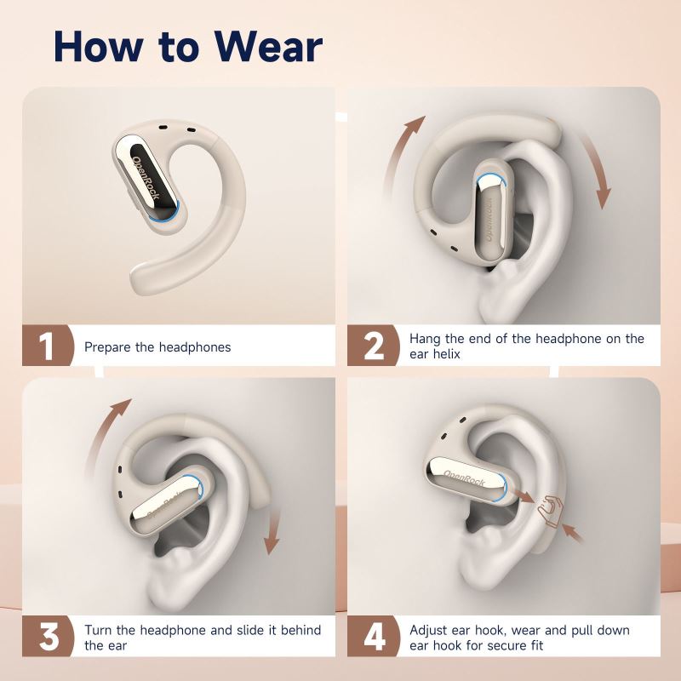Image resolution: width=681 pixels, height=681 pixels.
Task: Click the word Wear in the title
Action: (x=268, y=47)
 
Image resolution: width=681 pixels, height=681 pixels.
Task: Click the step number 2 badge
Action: (x=373, y=346)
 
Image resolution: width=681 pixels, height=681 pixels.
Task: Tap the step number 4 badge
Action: (x=373, y=636)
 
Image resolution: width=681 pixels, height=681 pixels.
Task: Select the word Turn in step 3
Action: (x=99, y=630)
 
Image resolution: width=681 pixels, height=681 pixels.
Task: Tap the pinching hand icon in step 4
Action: (x=550, y=512)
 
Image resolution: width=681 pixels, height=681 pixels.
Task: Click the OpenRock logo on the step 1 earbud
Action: (x=146, y=177)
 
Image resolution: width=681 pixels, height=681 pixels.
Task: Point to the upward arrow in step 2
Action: (x=402, y=153)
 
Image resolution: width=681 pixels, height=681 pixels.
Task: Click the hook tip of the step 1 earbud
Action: (x=138, y=278)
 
